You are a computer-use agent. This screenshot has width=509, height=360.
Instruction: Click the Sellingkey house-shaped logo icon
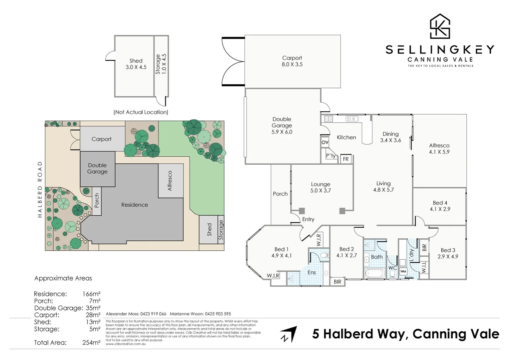click(x=440, y=26)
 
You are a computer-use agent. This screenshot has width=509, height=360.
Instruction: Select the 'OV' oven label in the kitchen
click(x=325, y=142)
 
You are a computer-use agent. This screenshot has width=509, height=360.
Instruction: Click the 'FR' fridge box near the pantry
click(x=346, y=159)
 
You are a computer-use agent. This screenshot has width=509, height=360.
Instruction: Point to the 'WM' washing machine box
click(x=403, y=271)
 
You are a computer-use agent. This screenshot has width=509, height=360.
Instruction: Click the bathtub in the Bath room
click(x=375, y=274)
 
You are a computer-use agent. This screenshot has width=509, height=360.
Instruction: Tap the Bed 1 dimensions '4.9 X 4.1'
click(x=281, y=256)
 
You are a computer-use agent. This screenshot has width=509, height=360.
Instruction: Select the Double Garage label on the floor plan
click(x=282, y=122)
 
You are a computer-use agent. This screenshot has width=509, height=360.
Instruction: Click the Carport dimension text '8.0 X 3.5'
click(x=292, y=64)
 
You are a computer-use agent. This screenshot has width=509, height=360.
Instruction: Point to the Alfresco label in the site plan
click(x=170, y=181)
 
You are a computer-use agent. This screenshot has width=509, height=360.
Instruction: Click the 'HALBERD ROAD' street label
click(x=40, y=189)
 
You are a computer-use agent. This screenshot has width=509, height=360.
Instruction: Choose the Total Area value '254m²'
click(x=91, y=342)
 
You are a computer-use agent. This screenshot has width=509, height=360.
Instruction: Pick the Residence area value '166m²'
click(x=91, y=294)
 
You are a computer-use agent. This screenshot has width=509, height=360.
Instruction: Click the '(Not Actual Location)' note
click(x=141, y=112)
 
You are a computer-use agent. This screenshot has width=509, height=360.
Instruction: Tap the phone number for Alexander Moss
click(x=153, y=314)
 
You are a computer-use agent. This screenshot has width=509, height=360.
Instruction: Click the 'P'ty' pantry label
click(x=330, y=156)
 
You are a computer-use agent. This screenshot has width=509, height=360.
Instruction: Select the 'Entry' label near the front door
click(x=308, y=219)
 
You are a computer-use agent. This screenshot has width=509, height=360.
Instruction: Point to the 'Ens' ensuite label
click(x=311, y=272)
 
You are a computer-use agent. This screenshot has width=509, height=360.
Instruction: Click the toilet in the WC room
click(x=392, y=274)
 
